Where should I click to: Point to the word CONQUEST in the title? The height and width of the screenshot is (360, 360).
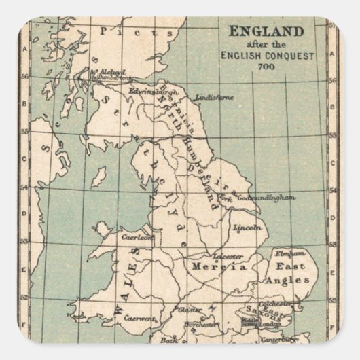[x=291, y=56]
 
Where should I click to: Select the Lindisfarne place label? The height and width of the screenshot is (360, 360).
[x=214, y=97]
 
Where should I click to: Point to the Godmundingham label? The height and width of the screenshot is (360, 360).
[x=268, y=198]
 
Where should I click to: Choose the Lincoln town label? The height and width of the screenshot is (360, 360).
[x=247, y=229]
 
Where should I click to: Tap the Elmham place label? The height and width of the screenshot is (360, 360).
[x=287, y=253]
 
